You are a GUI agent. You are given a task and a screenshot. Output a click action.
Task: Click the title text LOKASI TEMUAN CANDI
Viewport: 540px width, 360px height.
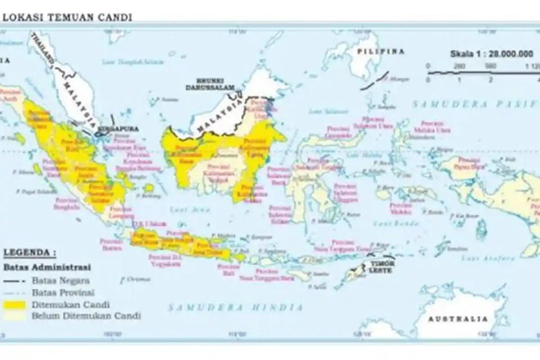67,17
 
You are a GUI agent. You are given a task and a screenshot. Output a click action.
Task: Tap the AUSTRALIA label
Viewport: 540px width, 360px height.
457,319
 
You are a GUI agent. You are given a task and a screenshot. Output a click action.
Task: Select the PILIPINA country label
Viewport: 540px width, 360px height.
381,51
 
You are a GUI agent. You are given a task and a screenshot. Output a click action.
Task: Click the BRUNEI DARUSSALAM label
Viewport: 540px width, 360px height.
211,85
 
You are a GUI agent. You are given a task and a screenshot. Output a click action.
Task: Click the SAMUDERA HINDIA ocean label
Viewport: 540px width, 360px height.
235,307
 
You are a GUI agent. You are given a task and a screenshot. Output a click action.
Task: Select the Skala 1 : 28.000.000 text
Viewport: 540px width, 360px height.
491,54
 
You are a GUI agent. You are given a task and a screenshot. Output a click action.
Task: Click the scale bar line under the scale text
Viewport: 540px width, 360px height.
481,72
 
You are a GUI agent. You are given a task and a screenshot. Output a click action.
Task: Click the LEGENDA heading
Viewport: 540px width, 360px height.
30,252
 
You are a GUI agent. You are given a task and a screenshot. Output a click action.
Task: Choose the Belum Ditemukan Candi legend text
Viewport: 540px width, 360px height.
85,316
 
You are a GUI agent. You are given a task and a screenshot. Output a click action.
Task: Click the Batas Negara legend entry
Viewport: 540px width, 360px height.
60,280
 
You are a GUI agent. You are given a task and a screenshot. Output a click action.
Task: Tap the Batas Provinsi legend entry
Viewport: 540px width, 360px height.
63,292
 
